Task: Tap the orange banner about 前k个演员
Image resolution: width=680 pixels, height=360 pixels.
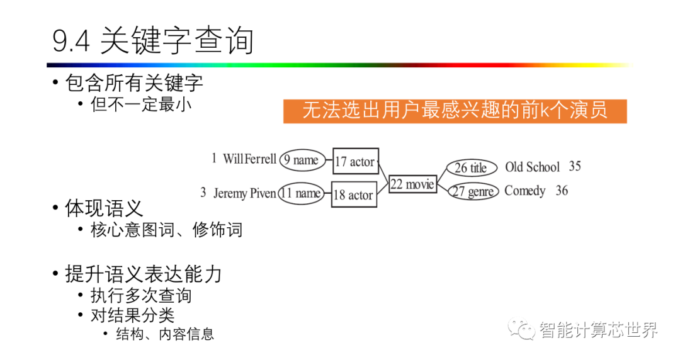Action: point(455,111)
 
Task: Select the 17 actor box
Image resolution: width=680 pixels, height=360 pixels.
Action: point(354,162)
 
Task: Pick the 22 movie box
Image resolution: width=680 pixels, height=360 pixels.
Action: point(412,184)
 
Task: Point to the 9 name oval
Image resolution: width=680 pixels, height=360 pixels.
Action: point(302,160)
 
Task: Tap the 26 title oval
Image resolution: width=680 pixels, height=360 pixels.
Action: point(472,167)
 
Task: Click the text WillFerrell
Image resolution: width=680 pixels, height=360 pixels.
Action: point(249,159)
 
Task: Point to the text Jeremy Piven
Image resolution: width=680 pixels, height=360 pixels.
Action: point(244,193)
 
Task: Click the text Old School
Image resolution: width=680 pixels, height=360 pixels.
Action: point(532,167)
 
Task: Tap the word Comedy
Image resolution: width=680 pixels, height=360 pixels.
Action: point(524,191)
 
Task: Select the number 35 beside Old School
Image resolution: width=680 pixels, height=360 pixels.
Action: point(574,166)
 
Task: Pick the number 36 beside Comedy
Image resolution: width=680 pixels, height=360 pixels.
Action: point(562,190)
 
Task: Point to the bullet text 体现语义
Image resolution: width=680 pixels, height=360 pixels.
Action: point(104,208)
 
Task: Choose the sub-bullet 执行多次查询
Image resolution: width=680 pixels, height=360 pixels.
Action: point(140,295)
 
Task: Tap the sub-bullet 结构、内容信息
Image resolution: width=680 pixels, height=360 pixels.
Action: point(165,334)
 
